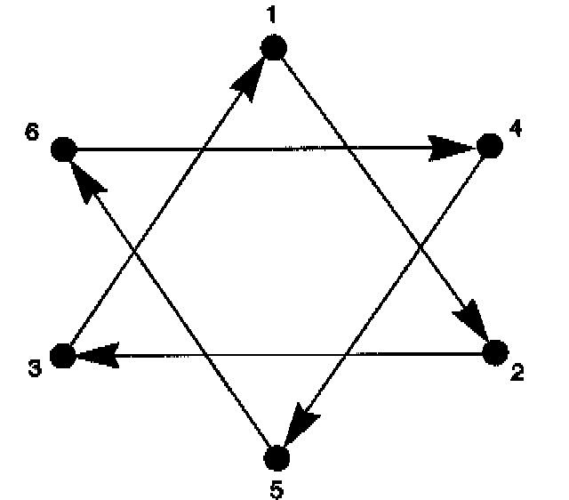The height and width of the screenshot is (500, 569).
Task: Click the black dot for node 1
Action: [274, 48]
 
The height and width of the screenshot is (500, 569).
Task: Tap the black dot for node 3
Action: [62, 356]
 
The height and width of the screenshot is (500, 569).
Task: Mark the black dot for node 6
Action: [62, 149]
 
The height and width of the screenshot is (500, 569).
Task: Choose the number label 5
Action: [277, 488]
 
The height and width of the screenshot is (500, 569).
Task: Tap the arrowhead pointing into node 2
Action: [474, 322]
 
